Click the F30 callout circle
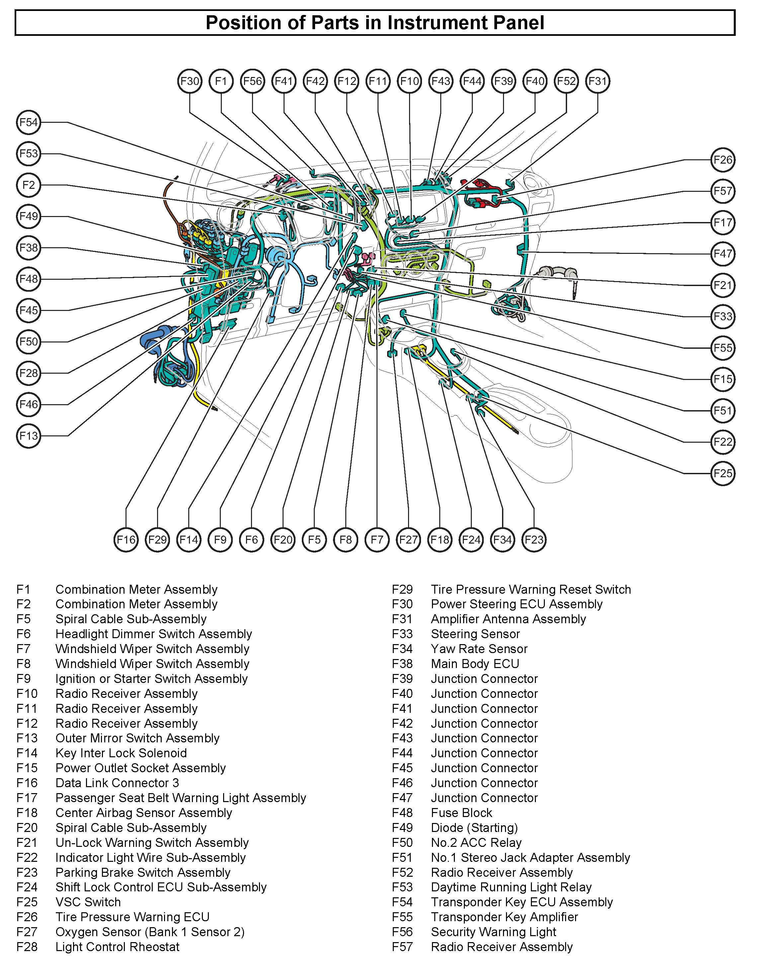click(x=190, y=81)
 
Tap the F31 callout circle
click(x=598, y=81)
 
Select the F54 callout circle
click(x=29, y=122)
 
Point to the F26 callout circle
click(x=723, y=160)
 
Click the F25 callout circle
click(x=723, y=474)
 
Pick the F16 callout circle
click(x=126, y=540)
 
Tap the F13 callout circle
click(x=29, y=436)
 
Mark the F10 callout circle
click(x=409, y=81)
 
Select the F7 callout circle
click(x=377, y=540)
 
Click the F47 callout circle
click(x=723, y=254)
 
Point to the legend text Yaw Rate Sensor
click(x=479, y=649)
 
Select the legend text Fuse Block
click(x=461, y=813)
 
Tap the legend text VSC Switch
click(x=88, y=902)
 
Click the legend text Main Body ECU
click(x=475, y=664)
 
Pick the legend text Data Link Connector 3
click(x=117, y=783)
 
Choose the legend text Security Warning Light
click(x=493, y=932)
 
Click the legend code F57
click(x=402, y=947)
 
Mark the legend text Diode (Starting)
click(x=474, y=828)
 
